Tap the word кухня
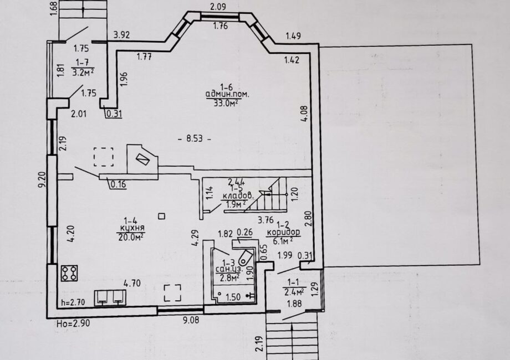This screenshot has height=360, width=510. tap(132, 228)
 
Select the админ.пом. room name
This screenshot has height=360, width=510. tap(227, 95)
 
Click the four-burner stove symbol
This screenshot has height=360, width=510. tap(69, 273)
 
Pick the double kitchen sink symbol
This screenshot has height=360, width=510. tap(110, 297)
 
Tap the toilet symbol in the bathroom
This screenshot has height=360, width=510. tap(245, 258)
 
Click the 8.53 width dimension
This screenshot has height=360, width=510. tap(195, 138)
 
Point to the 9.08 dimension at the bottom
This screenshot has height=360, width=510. tap(191, 320)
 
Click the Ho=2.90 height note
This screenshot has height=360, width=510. tap(73, 323)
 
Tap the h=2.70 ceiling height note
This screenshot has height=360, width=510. tap(73, 303)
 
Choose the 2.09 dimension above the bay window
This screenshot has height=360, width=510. tap(218, 7)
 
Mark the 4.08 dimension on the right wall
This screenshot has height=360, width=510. tap(304, 114)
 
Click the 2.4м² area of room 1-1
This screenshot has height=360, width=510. tap(294, 292)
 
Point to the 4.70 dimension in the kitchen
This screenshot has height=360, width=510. tap(132, 284)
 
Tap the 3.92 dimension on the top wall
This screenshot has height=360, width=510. tap(121, 35)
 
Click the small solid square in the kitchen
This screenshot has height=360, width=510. tap(161, 216)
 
